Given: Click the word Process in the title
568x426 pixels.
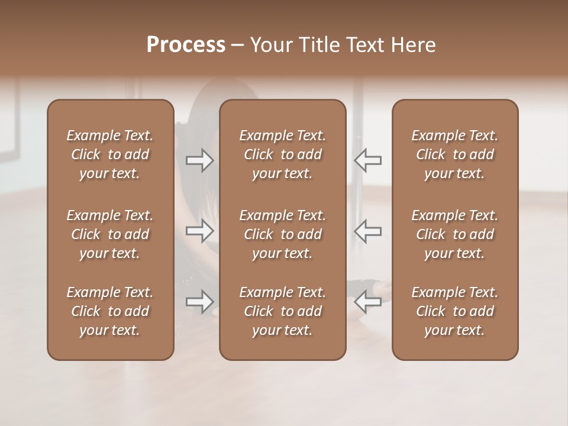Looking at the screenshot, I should [186, 45].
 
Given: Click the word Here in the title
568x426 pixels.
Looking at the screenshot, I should [412, 45].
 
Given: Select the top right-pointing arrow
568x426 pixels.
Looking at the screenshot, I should [200, 160].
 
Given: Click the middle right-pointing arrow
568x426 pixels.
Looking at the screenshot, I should [200, 231].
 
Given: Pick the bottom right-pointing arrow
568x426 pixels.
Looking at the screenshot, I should [200, 302].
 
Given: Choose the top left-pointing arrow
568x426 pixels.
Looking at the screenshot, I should [368, 160].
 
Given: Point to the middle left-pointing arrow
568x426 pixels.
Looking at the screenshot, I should [368, 231].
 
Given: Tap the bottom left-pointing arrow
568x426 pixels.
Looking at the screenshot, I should [368, 302].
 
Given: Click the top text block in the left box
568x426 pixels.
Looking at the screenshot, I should [110, 154].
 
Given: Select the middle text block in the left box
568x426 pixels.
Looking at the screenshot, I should [110, 234].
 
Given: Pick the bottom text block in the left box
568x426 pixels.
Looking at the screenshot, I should [110, 311].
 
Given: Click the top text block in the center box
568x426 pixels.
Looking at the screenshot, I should [283, 154].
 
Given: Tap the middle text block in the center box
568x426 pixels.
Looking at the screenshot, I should [283, 234].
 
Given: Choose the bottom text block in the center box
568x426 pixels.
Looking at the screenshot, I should [283, 311].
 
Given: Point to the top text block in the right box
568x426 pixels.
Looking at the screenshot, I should [455, 154].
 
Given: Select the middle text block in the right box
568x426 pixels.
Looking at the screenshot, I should [455, 234].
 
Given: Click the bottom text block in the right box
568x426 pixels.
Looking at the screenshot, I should [455, 311].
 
